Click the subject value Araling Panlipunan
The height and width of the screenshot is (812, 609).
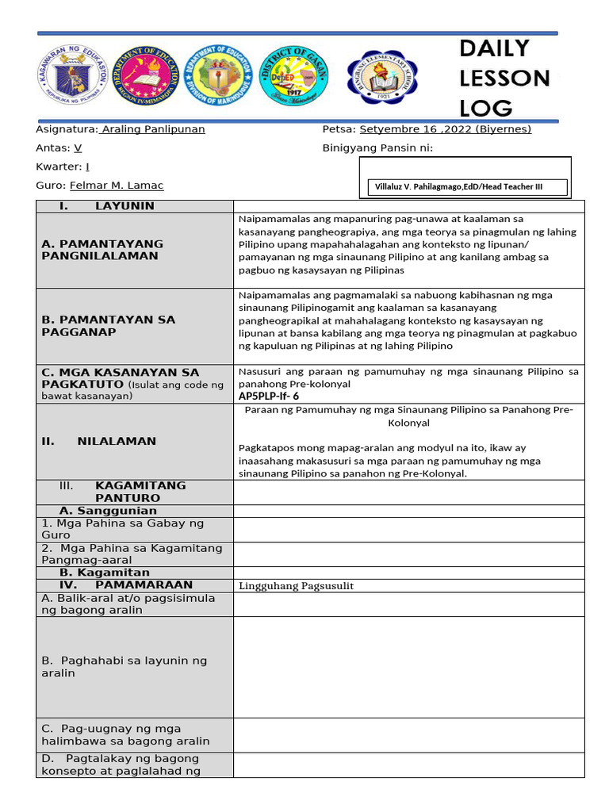point(153,129)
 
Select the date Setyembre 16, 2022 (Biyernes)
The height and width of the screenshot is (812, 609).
point(445,129)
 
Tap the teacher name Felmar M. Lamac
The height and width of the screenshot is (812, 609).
point(117,186)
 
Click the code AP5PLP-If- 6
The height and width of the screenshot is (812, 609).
point(268,396)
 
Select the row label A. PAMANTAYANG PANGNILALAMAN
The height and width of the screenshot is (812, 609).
point(102,250)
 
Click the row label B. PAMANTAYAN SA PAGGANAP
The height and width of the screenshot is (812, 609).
point(109,326)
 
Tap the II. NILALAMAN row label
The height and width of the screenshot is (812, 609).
point(99,441)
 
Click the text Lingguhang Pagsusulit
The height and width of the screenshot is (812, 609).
point(296,586)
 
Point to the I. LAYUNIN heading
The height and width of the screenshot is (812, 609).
point(107,206)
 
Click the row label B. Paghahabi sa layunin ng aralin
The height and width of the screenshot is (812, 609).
point(124,667)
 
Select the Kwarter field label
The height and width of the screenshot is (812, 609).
point(58,167)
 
